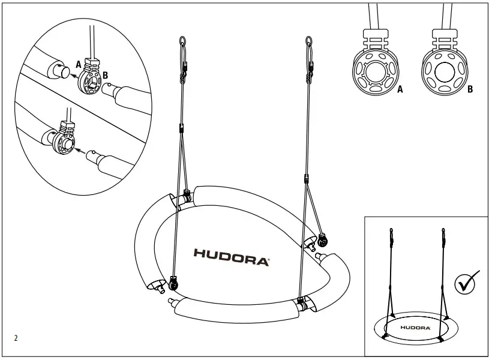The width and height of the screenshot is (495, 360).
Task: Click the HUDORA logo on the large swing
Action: pyautogui.click(x=232, y=253)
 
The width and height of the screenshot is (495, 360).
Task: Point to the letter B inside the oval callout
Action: pyautogui.click(x=106, y=76)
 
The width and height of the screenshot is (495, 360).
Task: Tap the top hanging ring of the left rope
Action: pyautogui.click(x=182, y=43)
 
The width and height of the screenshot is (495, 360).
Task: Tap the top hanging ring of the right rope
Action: pyautogui.click(x=309, y=43)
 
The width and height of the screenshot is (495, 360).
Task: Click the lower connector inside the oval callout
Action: pyautogui.click(x=65, y=142)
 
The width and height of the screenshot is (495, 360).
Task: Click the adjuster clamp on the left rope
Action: pyautogui.click(x=181, y=127)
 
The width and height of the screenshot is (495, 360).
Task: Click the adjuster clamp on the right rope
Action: pyautogui.click(x=307, y=178)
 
